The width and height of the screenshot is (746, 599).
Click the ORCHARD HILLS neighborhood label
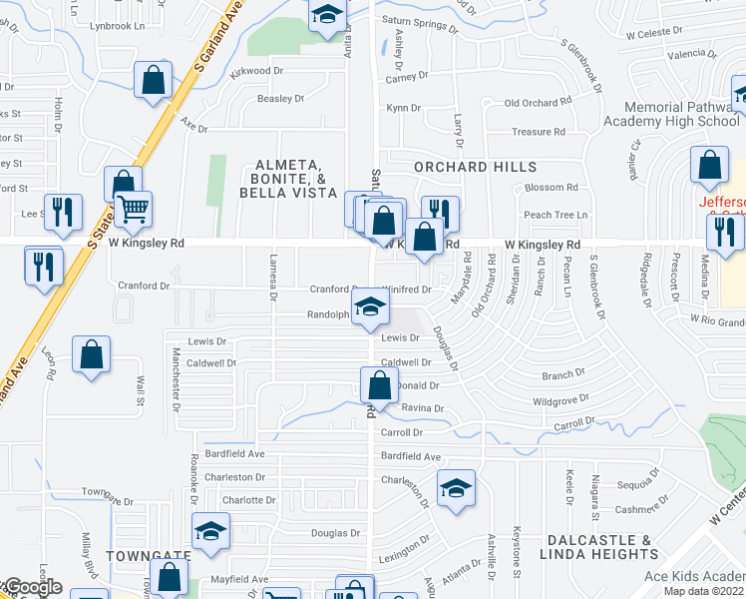pyautogui.click(x=475, y=167)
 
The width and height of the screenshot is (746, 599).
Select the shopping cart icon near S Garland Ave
pyautogui.click(x=132, y=210)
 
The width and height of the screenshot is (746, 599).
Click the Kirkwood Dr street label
pyautogui.click(x=256, y=72)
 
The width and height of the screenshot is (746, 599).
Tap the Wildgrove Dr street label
pyautogui.click(x=561, y=400)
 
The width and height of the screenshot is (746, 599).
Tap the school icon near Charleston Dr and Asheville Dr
pyautogui.click(x=456, y=488)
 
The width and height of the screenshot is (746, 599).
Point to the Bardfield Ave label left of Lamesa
pyautogui.click(x=235, y=453)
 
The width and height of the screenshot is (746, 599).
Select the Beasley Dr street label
pyautogui.click(x=280, y=99)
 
